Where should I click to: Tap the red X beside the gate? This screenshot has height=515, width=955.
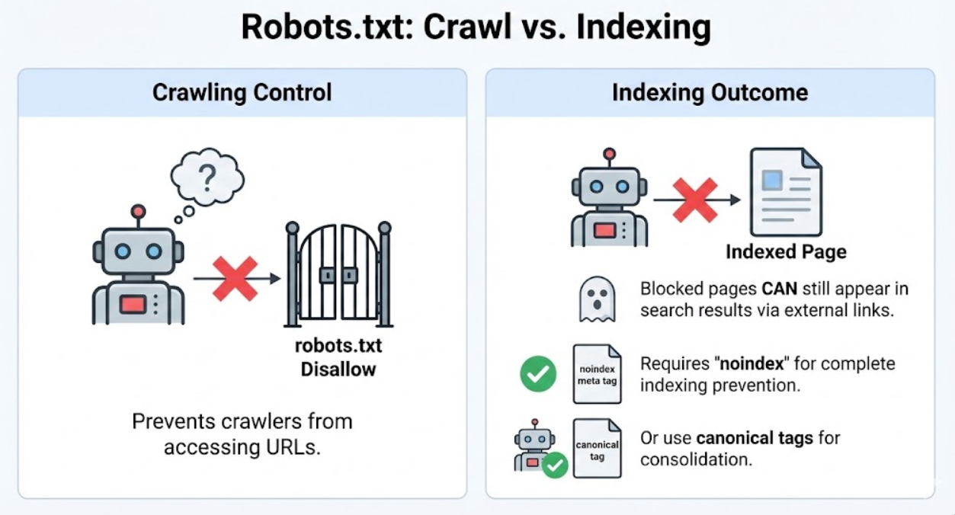[235, 279]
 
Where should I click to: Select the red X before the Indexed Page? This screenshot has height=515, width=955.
[694, 200]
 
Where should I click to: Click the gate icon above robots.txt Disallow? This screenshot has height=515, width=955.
[338, 275]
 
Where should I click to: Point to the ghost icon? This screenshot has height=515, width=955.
[597, 299]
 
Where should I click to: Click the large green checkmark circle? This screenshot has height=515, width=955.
[538, 374]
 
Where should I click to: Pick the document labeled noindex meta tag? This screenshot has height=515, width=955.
[597, 374]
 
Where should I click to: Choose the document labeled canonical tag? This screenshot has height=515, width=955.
[597, 449]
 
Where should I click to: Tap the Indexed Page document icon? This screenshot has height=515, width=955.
[786, 192]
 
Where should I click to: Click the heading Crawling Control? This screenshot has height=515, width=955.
[242, 93]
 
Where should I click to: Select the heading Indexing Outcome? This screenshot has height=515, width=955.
[710, 93]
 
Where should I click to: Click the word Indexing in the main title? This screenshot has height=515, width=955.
[644, 28]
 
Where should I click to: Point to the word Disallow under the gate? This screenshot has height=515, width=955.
[338, 369]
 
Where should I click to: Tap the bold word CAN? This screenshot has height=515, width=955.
[780, 289]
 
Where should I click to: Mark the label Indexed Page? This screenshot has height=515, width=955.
[786, 251]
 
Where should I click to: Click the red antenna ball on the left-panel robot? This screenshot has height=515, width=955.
[138, 211]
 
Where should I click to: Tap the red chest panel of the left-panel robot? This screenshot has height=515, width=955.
[133, 305]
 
